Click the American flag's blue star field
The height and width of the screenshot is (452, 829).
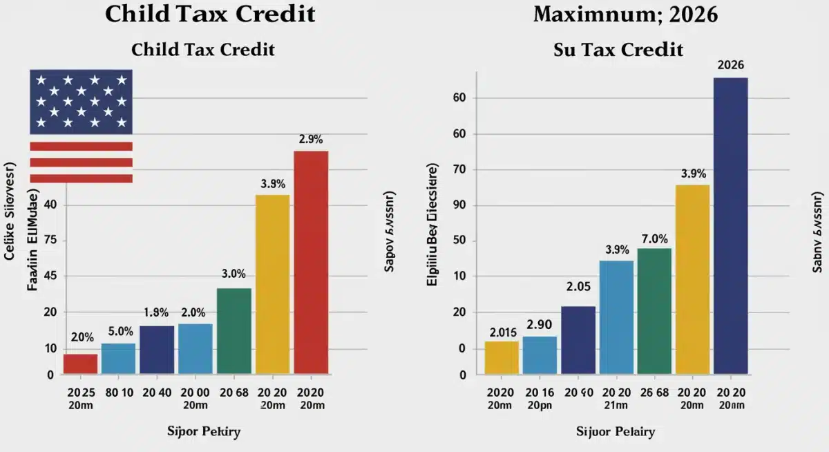click(x=81, y=102)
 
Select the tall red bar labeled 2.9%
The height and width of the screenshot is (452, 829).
click(x=311, y=263)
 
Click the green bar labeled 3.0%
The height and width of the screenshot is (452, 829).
click(x=234, y=331)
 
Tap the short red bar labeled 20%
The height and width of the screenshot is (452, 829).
click(x=80, y=364)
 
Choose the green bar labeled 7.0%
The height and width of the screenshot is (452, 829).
click(x=654, y=311)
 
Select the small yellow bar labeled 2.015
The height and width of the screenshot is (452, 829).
click(x=502, y=357)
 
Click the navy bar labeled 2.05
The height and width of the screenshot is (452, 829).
click(x=578, y=340)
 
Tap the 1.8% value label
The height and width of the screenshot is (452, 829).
click(x=156, y=312)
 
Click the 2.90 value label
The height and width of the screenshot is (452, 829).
click(x=540, y=324)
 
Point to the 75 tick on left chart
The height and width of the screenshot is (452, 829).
click(x=48, y=241)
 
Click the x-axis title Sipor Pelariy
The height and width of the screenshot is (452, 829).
click(x=204, y=432)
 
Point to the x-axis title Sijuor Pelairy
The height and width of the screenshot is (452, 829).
click(x=615, y=432)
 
